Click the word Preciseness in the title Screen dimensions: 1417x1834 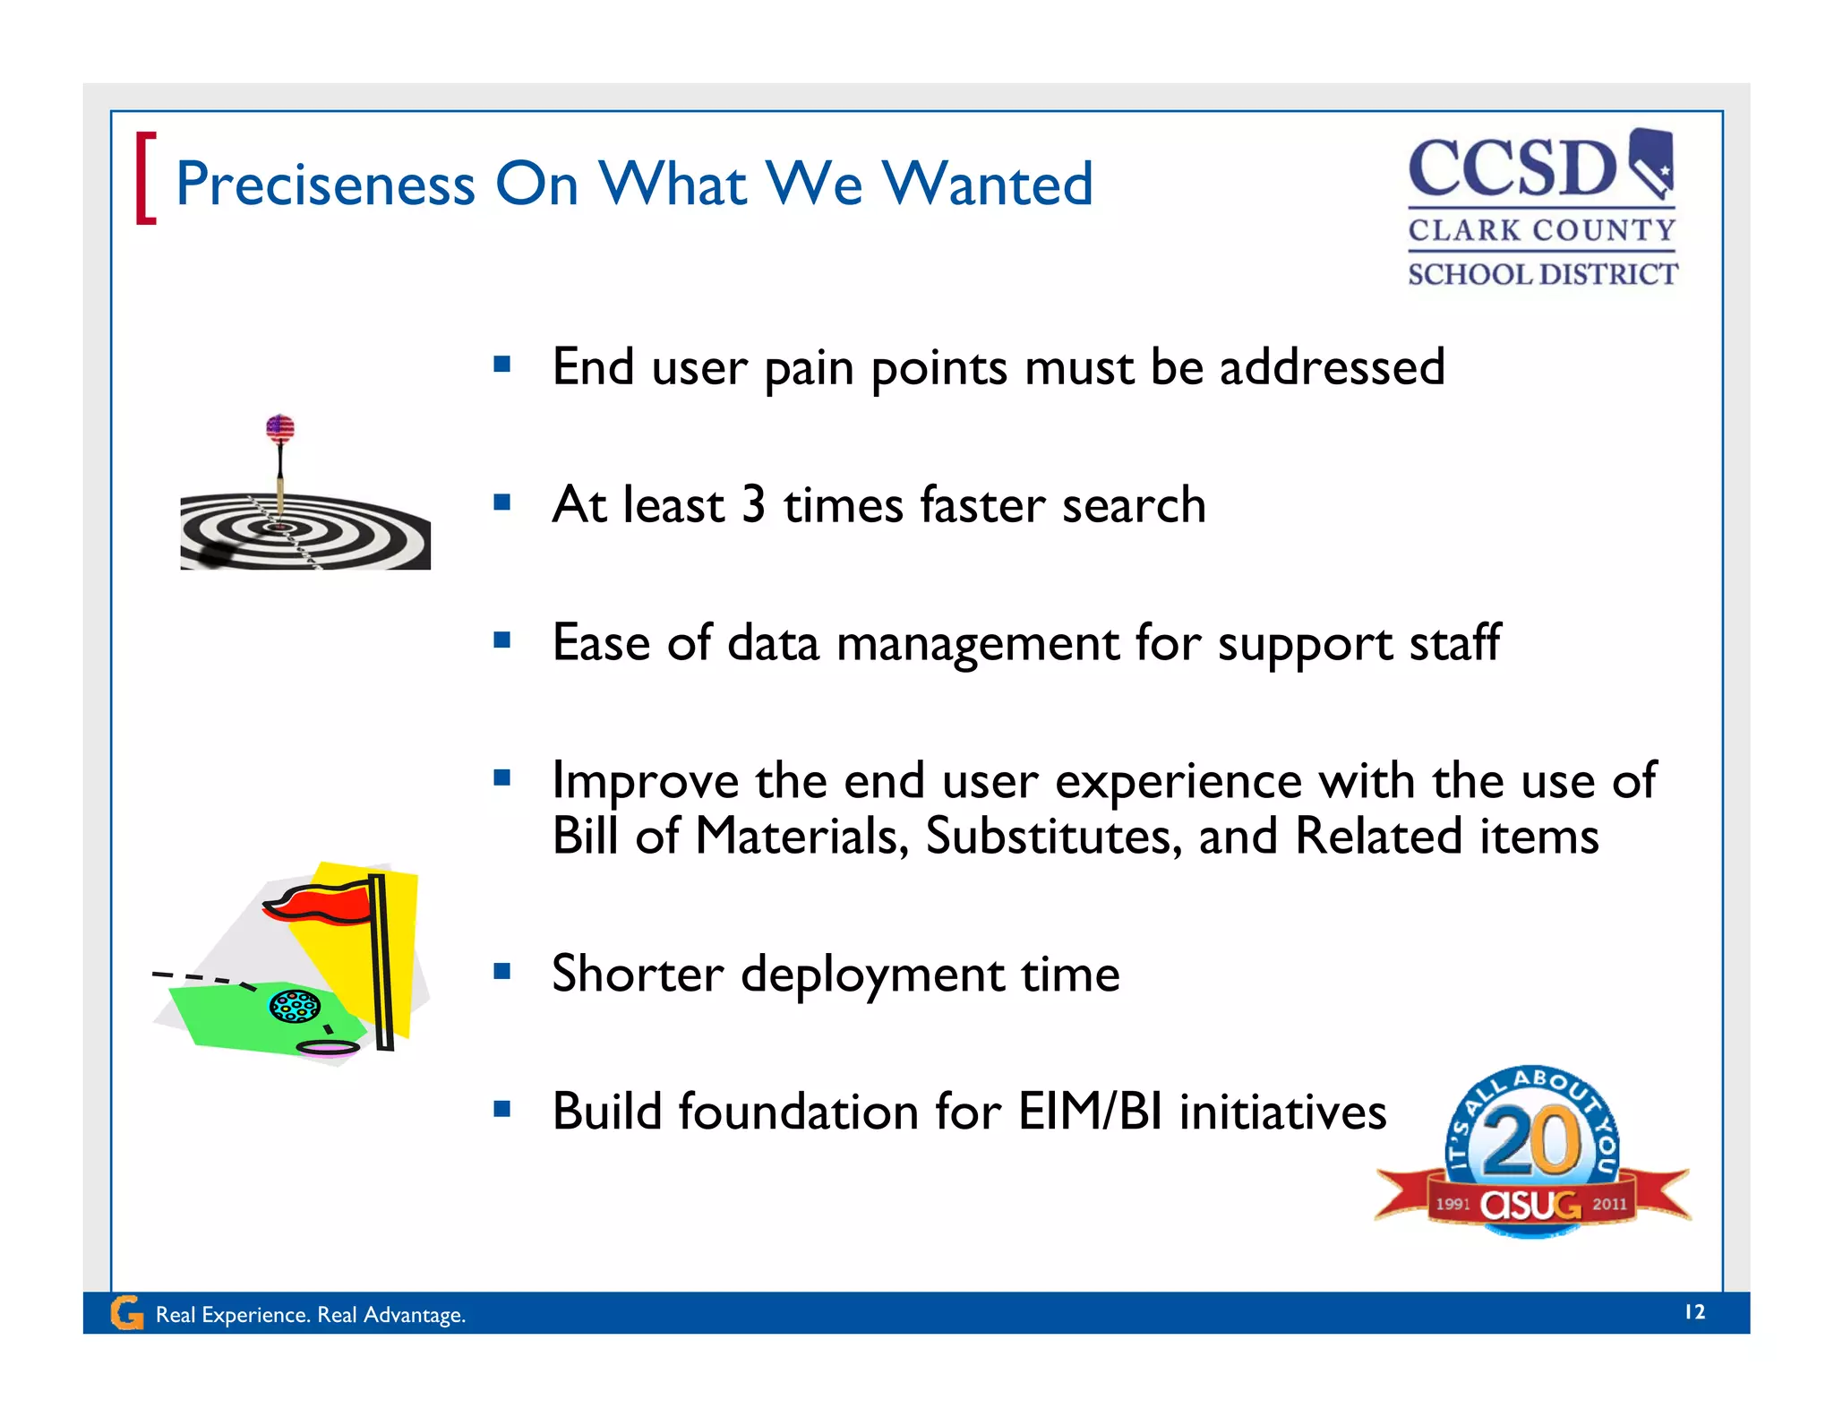point(324,185)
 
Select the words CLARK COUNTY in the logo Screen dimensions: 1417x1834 point(1541,230)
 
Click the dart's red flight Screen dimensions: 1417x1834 point(280,428)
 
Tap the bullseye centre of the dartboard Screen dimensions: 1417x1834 point(281,528)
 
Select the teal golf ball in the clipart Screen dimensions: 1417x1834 point(295,1006)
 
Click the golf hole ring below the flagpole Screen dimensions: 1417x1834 point(328,1047)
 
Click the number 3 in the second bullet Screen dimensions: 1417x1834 point(753,504)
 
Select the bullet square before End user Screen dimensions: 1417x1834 point(502,364)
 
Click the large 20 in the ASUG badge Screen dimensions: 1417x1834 point(1532,1140)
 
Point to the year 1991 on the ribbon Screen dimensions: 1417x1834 point(1453,1204)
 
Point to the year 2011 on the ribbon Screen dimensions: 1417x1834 point(1609,1204)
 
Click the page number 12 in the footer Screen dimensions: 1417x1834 point(1694,1312)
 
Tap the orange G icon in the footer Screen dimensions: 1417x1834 point(126,1313)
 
